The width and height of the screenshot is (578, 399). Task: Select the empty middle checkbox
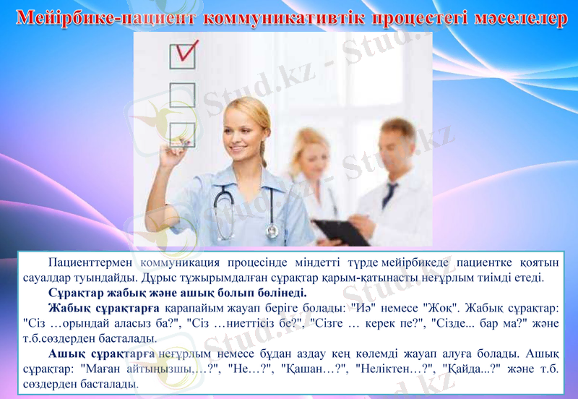(x=181, y=95)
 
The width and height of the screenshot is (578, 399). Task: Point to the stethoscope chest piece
(x=272, y=231)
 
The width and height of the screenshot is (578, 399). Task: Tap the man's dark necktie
(x=390, y=194)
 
